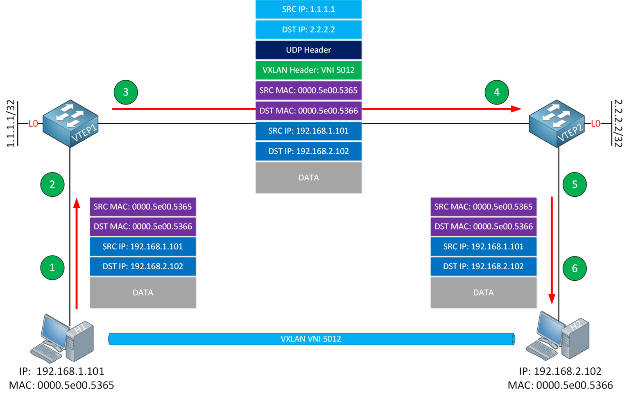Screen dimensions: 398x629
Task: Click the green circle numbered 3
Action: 126,92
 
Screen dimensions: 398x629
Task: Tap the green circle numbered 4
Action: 496,92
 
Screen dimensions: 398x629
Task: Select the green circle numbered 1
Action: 52,268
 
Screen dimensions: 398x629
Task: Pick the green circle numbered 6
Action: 575,268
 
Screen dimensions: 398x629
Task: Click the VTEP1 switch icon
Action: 70,123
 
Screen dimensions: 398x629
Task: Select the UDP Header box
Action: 308,50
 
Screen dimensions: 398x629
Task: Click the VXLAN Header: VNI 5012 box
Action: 308,70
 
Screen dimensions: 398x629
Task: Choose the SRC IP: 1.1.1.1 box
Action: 308,9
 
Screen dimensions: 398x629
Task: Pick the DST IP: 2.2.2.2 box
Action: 308,30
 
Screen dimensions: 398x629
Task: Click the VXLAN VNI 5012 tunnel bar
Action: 311,339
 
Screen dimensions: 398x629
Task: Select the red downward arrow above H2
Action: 552,250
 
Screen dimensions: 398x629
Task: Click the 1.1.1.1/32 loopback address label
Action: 11,123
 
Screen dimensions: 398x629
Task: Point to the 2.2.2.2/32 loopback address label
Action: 618,123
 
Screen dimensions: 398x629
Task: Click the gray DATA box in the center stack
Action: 308,177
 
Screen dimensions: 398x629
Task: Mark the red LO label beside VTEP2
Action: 595,123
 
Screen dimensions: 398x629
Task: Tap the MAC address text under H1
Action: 61,385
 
